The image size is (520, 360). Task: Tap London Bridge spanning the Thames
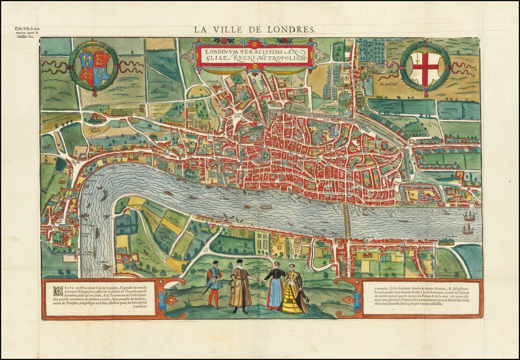[347, 220]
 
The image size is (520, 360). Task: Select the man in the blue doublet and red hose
[215, 284]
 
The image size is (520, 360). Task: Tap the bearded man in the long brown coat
[240, 286]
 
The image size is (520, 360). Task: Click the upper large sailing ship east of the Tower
[469, 216]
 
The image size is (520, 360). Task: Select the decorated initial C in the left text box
[56, 289]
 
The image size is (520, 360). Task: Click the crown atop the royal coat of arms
[94, 47]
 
